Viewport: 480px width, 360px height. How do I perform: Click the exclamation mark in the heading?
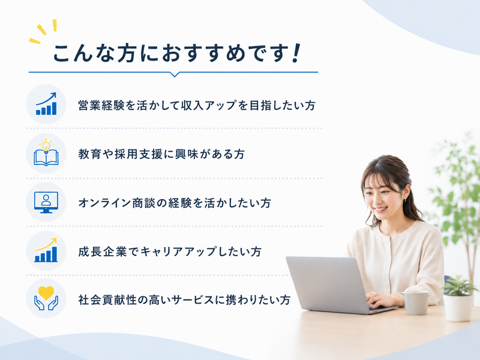[x=296, y=53]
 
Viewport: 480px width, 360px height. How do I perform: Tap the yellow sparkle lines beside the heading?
[x=43, y=31]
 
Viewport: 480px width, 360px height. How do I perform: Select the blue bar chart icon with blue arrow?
[x=46, y=104]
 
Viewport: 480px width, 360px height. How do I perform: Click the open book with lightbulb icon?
[x=46, y=153]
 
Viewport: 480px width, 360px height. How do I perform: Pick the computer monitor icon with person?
[x=46, y=202]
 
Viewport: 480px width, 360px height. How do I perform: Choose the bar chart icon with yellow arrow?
[x=46, y=250]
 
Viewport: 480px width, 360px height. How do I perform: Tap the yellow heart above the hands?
[x=46, y=293]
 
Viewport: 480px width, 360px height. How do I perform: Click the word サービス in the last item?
[x=190, y=299]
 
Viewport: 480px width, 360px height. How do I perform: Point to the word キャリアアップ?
[x=178, y=251]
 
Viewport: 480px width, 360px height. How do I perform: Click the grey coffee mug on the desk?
[x=415, y=302]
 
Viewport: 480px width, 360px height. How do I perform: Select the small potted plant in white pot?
[x=458, y=299]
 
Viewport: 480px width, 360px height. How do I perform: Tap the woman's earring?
[x=406, y=200]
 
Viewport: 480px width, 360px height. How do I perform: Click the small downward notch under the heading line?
[x=175, y=74]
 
